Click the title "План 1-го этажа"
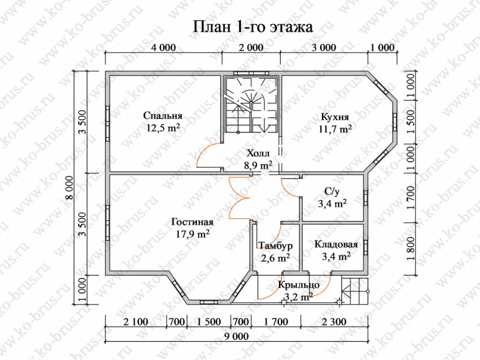[253, 27]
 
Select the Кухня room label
[335, 117]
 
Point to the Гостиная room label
[192, 221]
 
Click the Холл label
[258, 153]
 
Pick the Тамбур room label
[276, 245]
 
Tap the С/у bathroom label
[332, 192]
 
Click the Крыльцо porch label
[299, 285]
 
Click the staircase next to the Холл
[252, 104]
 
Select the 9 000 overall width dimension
[236, 336]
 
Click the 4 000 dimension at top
[164, 48]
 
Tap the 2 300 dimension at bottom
[334, 322]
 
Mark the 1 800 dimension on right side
[410, 249]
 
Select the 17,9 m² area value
[192, 234]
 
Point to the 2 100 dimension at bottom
[136, 322]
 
